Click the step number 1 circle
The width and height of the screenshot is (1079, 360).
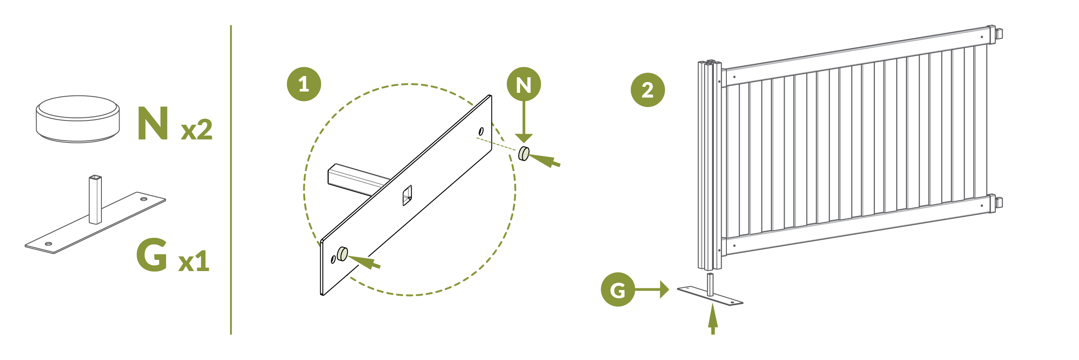304,84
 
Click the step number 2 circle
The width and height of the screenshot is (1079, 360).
647,90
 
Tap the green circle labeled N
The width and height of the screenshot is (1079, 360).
524,84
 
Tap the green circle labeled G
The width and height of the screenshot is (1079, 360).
618,290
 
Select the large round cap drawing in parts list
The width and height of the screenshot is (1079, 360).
78,119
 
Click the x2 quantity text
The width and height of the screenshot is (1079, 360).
196,129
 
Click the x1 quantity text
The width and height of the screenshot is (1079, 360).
194,261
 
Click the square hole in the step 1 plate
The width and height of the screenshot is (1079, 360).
407,196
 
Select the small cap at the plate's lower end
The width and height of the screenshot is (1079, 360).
342,254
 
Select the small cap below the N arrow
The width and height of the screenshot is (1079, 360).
524,154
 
